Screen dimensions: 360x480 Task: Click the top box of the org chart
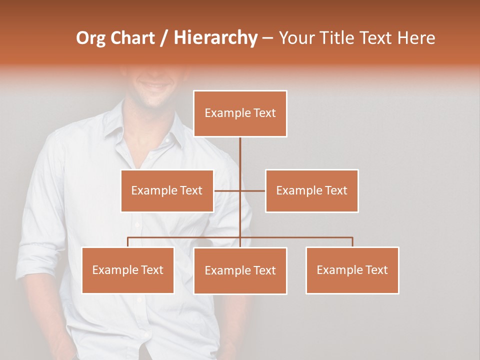[x=240, y=113]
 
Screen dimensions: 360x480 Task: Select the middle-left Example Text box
[x=167, y=190]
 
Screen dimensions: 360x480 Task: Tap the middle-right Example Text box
[x=311, y=190]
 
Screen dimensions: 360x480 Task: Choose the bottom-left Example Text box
[x=127, y=270]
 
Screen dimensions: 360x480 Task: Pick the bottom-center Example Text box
[x=240, y=270]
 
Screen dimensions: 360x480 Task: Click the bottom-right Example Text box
[x=352, y=270]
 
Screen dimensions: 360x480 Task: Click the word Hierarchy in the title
[x=215, y=37]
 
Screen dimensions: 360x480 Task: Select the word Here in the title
[x=416, y=38]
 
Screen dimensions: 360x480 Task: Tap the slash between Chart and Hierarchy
[x=164, y=38]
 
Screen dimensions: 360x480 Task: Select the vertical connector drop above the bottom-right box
[x=352, y=242]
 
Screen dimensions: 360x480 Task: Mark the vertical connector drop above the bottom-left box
[x=128, y=242]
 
